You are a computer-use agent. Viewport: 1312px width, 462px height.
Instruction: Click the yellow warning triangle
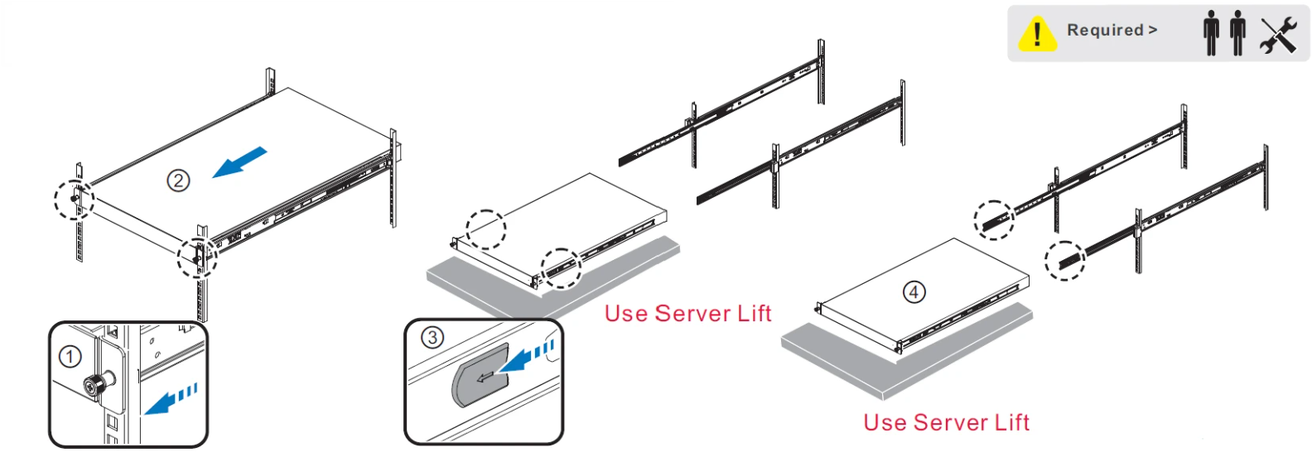(1037, 34)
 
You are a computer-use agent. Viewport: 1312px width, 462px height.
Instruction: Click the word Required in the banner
(1105, 30)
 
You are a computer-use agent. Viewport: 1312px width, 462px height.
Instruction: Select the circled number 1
(70, 357)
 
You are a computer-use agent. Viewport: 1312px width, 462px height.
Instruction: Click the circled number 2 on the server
(179, 180)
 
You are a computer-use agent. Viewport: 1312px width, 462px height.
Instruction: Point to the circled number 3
(432, 337)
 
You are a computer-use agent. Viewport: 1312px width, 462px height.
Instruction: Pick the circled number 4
(914, 291)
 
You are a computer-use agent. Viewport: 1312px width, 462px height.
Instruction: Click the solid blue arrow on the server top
(239, 162)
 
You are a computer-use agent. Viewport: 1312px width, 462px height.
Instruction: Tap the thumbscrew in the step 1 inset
(94, 385)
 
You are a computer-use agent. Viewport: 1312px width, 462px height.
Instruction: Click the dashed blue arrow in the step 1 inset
(171, 398)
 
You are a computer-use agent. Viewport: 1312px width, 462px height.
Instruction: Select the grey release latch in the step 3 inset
(480, 376)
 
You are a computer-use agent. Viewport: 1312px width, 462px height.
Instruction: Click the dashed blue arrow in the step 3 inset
(527, 358)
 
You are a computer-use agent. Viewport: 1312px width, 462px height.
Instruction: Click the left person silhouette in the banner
(1211, 33)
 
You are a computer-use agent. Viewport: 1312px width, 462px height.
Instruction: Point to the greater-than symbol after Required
(1153, 30)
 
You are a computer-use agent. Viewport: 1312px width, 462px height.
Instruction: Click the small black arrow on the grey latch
(485, 377)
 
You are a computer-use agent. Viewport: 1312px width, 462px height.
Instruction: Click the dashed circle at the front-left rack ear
(55, 200)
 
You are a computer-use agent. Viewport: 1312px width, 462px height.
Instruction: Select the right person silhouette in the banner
(1237, 33)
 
